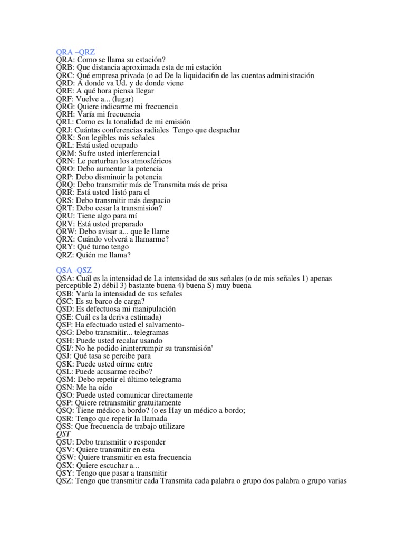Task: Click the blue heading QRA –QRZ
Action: pos(75,52)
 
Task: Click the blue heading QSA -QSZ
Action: pos(74,270)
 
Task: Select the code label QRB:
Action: pos(65,67)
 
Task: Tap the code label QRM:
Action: pos(66,153)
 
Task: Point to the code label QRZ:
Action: pos(65,255)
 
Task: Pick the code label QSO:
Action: pos(65,395)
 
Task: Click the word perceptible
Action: pos(76,286)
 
